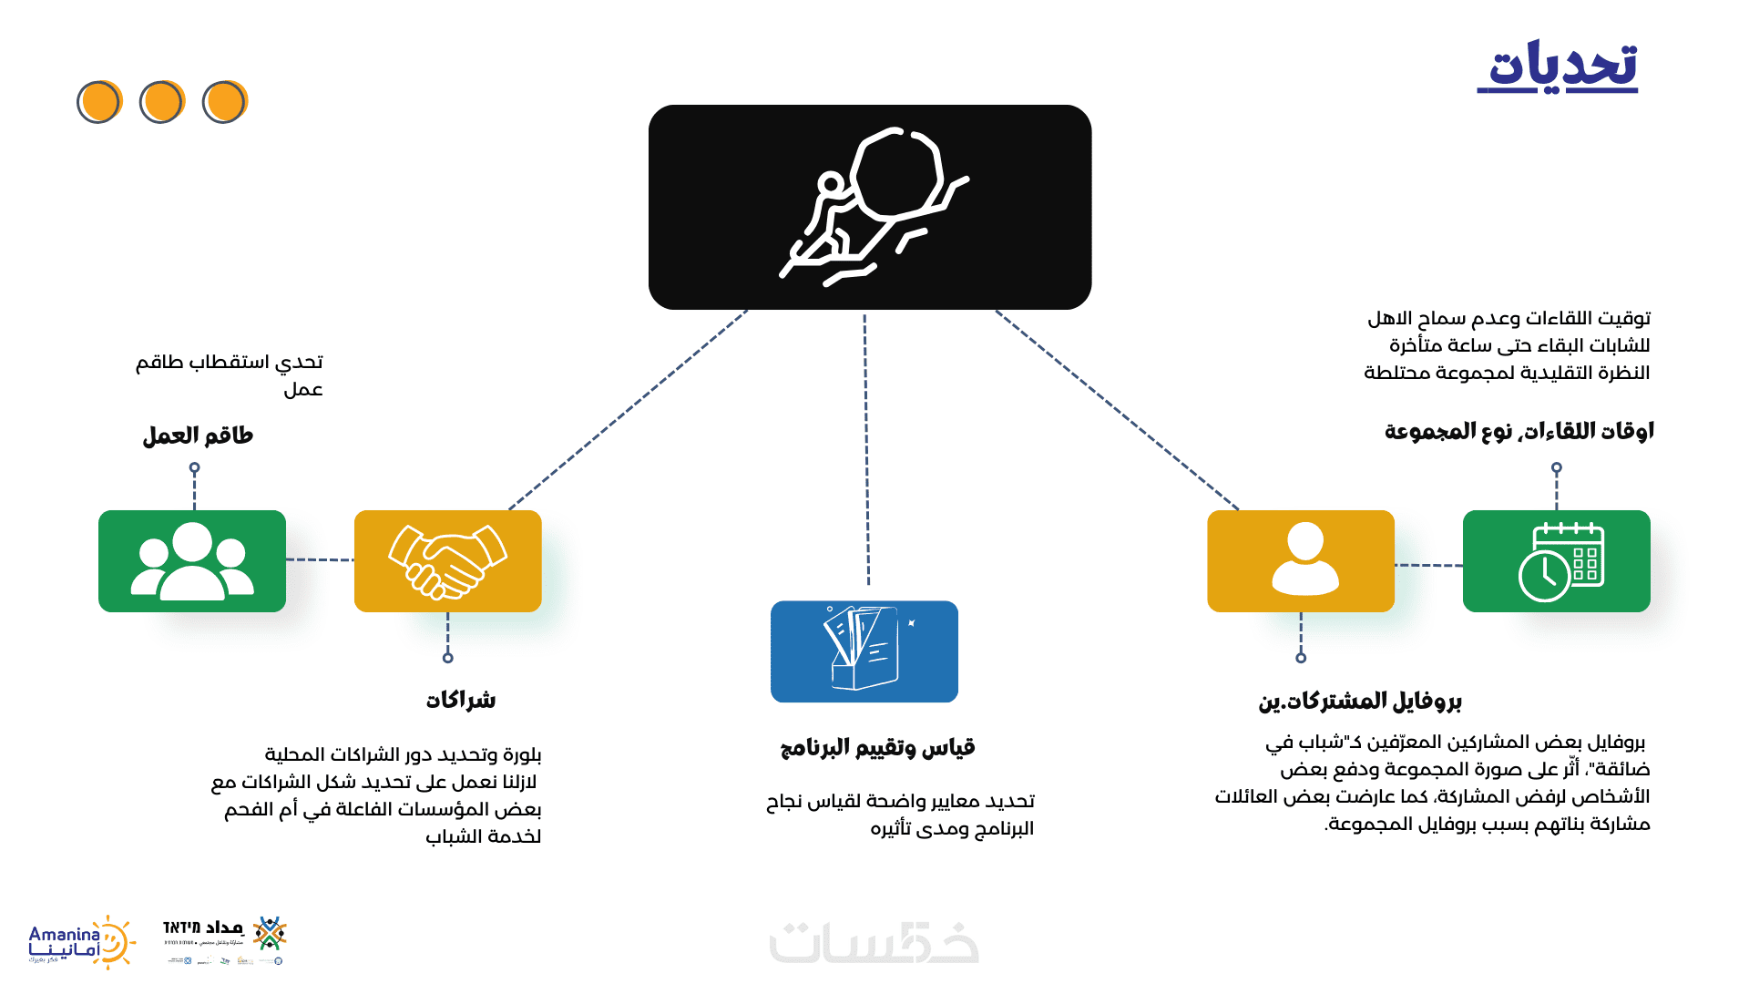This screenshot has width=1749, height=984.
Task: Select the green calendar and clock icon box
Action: click(1556, 561)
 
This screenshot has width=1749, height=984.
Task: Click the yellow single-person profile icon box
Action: click(1300, 561)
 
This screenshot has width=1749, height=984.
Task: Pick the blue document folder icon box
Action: click(864, 651)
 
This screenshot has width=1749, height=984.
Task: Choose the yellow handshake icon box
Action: click(447, 561)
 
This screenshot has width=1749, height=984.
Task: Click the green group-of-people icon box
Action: click(192, 561)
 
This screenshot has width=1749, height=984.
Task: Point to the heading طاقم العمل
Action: click(198, 436)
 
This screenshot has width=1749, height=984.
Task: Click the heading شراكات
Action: click(461, 700)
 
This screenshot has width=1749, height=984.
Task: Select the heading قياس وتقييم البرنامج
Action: click(877, 748)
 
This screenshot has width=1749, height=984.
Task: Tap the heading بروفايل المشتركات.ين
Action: click(1359, 701)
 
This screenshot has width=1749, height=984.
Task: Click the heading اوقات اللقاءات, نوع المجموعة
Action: click(1519, 431)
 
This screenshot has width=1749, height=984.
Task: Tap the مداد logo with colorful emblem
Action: click(225, 938)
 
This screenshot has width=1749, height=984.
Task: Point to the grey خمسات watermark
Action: click(874, 943)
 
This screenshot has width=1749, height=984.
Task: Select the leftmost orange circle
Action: click(99, 101)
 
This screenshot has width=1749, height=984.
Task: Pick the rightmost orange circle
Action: click(224, 101)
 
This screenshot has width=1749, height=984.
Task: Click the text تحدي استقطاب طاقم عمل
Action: click(230, 375)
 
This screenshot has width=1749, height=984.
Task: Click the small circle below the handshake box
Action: click(447, 658)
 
